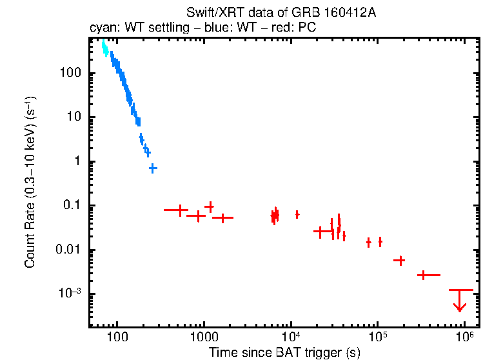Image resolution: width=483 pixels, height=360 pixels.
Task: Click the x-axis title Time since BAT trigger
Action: pos(284,352)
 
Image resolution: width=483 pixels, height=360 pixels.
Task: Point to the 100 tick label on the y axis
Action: pos(70,73)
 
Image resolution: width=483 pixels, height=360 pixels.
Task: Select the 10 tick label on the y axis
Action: pos(74,117)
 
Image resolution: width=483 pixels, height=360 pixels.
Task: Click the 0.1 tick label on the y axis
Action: pos(72,206)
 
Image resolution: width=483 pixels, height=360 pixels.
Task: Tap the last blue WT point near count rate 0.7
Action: pos(153,168)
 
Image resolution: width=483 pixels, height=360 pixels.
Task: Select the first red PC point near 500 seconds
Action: pos(179,210)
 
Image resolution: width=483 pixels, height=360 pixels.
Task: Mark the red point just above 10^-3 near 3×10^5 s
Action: pos(423,275)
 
